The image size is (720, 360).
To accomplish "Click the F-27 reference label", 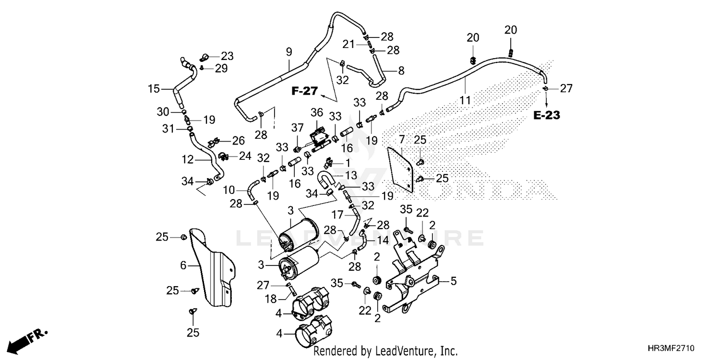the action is [x=305, y=91].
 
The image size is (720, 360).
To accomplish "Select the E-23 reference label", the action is [x=546, y=115].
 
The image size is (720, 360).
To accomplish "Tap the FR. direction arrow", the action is [x=27, y=342].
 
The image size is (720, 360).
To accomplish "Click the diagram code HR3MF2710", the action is [x=671, y=348].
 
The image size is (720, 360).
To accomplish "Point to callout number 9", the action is [x=288, y=52].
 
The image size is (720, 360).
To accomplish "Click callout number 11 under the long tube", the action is [x=465, y=100].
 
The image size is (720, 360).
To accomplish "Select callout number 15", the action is [x=154, y=89].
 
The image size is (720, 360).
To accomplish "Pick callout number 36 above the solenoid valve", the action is [x=317, y=112].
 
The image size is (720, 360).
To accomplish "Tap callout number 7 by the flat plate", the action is [x=401, y=140].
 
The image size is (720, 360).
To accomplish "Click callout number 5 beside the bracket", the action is [x=453, y=281].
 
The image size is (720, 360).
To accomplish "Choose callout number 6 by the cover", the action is [x=183, y=265].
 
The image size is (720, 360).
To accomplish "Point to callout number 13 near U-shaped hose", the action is [x=351, y=175].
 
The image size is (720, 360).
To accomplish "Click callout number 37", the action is [x=297, y=128].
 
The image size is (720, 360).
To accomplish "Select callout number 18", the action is [x=271, y=299].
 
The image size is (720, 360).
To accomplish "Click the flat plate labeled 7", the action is [x=400, y=170].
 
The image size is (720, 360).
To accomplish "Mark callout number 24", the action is [x=245, y=156].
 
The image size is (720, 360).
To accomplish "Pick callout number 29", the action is [x=221, y=69].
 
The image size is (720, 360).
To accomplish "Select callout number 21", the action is [x=348, y=44].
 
